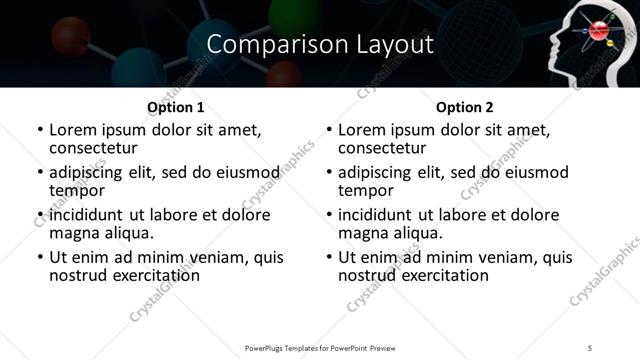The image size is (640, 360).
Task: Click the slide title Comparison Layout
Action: [x=320, y=45]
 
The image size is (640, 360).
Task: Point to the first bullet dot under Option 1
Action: [x=39, y=131]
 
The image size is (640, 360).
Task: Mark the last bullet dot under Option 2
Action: [x=329, y=257]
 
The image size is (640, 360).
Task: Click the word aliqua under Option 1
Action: [x=128, y=233]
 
